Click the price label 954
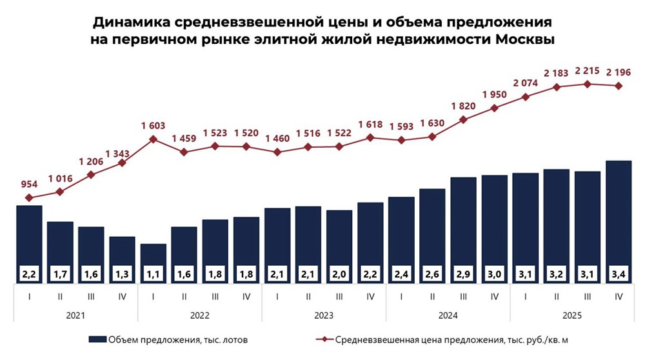29,184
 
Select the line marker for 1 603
153,138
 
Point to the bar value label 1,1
153,274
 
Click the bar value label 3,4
618,274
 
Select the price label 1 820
463,106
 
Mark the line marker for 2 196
618,86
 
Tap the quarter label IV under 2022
246,296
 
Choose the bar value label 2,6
432,274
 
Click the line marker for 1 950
494,108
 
